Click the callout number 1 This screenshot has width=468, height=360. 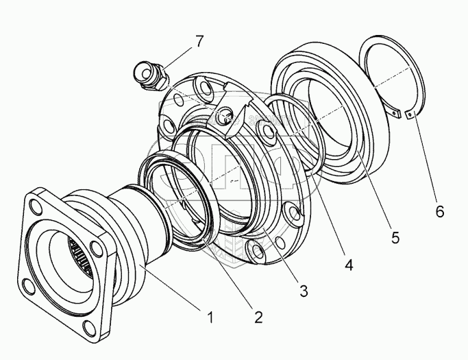click(x=211, y=317)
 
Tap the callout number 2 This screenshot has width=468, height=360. click(x=258, y=317)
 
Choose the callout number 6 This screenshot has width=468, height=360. click(x=439, y=212)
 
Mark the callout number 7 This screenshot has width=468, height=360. click(x=199, y=41)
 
